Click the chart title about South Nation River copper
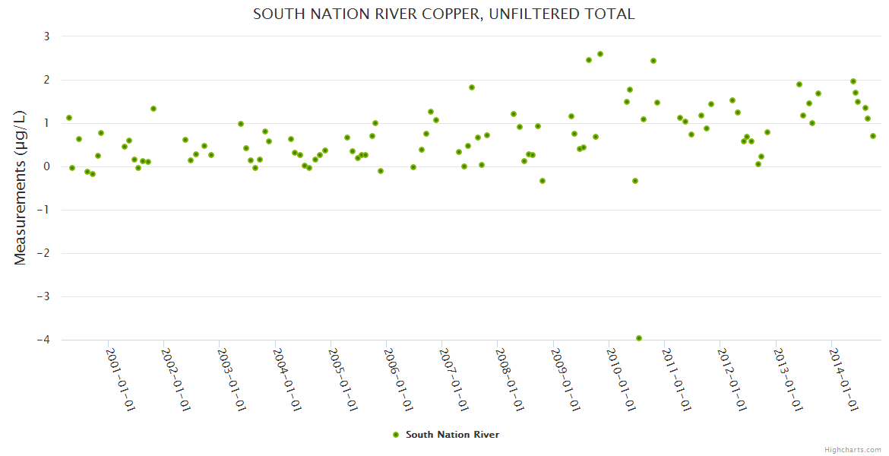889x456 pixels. click(444, 14)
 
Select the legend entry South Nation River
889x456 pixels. click(452, 435)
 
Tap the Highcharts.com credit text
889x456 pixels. click(853, 449)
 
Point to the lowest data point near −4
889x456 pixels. click(639, 338)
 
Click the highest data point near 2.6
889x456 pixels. click(600, 54)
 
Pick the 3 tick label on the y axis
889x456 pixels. click(46, 36)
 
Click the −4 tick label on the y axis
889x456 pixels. click(43, 340)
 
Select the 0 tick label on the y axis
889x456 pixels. click(46, 166)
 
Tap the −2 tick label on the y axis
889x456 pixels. click(43, 253)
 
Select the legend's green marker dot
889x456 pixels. click(395, 435)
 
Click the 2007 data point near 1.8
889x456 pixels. click(472, 87)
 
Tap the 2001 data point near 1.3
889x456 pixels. click(153, 109)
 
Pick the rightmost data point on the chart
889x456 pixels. click(873, 136)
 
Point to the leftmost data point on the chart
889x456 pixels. click(69, 118)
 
